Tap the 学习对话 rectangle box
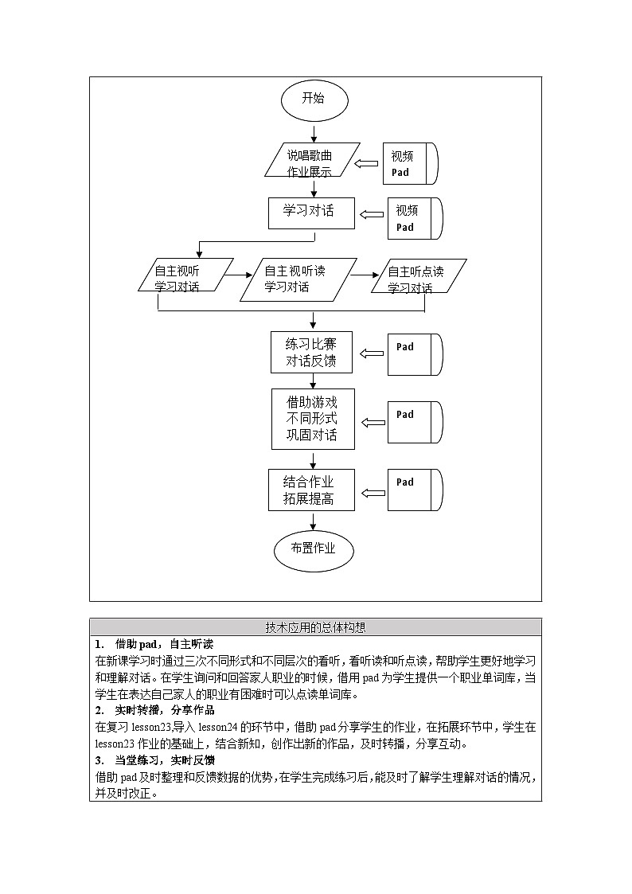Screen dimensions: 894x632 pyautogui.click(x=311, y=213)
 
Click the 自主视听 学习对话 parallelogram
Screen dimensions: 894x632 pyautogui.click(x=184, y=275)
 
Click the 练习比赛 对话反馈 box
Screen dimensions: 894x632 pyautogui.click(x=311, y=353)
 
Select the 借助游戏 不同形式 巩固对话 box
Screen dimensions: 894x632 pyautogui.click(x=311, y=419)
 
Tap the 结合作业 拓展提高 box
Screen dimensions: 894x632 pyautogui.click(x=311, y=490)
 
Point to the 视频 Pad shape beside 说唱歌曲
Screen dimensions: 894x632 pyautogui.click(x=412, y=164)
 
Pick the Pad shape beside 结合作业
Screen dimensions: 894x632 pyautogui.click(x=414, y=489)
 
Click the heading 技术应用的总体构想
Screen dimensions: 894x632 pyautogui.click(x=315, y=627)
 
